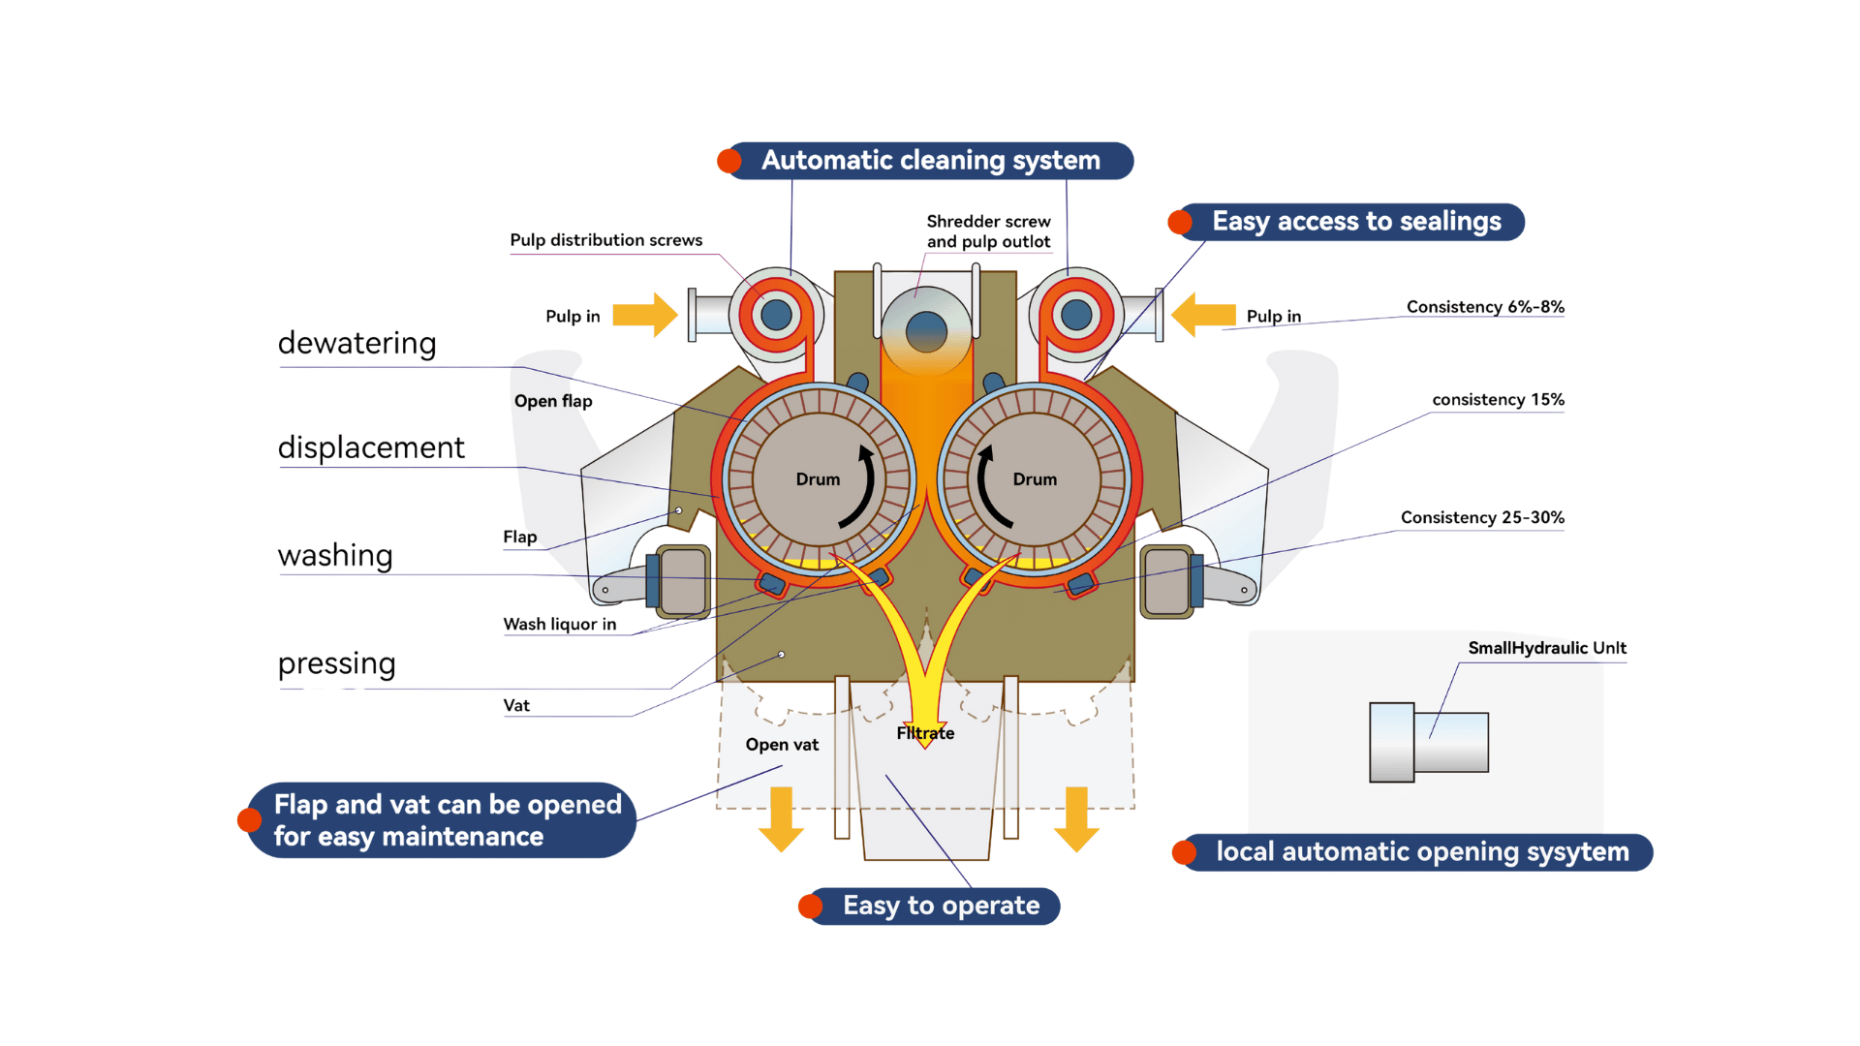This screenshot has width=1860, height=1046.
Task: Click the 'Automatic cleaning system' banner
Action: (930, 161)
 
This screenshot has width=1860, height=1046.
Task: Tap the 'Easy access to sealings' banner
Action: (1347, 222)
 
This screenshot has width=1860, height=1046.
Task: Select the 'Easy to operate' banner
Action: (930, 907)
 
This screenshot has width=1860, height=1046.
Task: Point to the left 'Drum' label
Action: (818, 479)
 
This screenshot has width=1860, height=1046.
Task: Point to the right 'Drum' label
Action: (1035, 479)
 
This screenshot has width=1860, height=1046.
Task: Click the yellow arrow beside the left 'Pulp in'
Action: (645, 315)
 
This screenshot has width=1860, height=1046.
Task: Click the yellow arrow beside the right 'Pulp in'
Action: (1203, 315)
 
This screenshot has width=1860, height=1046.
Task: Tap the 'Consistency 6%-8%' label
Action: (1485, 307)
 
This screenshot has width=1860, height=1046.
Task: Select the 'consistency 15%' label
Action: (1498, 400)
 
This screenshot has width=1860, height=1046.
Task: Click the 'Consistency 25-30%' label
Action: (1482, 517)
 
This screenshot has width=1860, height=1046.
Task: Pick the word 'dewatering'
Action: (356, 344)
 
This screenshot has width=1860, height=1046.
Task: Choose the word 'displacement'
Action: (371, 447)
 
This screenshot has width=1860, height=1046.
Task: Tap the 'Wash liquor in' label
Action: (560, 625)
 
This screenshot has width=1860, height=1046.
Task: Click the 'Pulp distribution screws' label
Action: (606, 240)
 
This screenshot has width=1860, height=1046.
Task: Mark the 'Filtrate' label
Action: (925, 733)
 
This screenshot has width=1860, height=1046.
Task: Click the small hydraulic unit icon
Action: (1429, 742)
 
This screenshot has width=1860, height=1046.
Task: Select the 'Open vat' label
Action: (782, 745)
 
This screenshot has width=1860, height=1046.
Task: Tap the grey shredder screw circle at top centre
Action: (926, 332)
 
